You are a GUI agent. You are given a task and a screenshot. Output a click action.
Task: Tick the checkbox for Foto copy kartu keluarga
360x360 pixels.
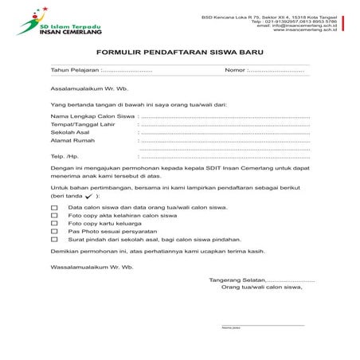pos(54,224)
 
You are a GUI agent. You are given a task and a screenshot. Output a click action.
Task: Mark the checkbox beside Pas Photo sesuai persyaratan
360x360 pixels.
pos(54,232)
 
